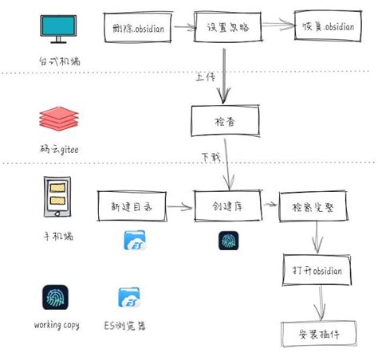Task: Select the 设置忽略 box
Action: click(227, 25)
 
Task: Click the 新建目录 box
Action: click(129, 207)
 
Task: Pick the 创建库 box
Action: click(228, 207)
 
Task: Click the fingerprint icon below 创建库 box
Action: click(229, 241)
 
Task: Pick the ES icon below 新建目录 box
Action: click(135, 240)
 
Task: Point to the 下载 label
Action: click(208, 158)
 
